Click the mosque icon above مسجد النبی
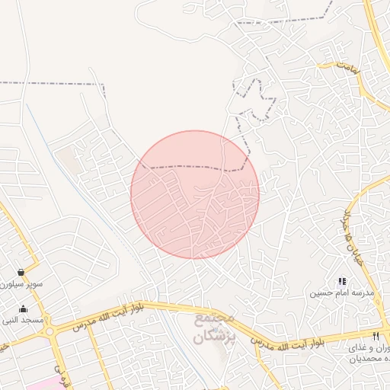23,308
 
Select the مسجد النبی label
22,320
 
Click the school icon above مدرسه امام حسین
342,282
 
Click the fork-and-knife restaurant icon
376,336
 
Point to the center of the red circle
195,194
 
